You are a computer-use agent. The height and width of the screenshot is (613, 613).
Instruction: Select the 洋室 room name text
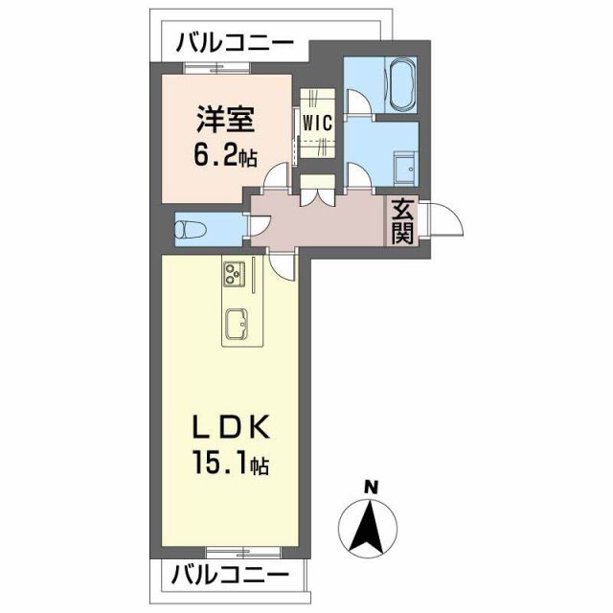point(225,124)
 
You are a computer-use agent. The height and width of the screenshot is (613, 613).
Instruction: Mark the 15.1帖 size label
point(230,465)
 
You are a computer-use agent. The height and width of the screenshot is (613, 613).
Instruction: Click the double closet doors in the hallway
point(315,190)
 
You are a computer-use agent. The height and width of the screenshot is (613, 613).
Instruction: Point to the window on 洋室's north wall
point(216,68)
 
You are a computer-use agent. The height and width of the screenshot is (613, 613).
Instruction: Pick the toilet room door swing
point(260,224)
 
